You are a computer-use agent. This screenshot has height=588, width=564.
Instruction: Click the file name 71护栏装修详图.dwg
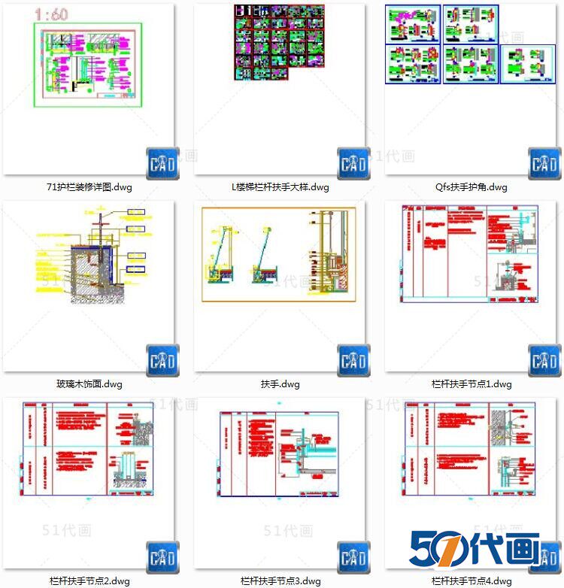[x=89, y=187]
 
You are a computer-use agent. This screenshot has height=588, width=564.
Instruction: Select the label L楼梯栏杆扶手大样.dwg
[x=280, y=187]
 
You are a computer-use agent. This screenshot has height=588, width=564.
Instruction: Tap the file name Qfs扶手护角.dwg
[x=471, y=187]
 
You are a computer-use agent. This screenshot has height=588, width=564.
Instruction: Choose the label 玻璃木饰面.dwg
[x=89, y=383]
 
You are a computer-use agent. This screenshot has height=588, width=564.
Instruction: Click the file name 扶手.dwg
[x=280, y=383]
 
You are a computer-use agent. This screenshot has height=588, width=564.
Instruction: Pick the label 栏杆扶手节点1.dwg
[x=471, y=383]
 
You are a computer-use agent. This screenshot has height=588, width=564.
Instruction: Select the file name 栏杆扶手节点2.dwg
[x=89, y=580]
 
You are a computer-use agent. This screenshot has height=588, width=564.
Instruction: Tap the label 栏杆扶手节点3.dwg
[x=280, y=580]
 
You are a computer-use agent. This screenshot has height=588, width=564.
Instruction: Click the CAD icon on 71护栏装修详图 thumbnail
[x=162, y=164]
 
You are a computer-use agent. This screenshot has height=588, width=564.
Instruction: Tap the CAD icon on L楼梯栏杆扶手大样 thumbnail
[x=353, y=164]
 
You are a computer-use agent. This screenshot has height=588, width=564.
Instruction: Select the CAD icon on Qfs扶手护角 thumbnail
[x=544, y=164]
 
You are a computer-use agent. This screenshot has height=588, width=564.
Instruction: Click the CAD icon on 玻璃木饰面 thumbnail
[x=162, y=361]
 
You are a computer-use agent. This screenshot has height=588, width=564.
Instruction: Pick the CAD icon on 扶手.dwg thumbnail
[x=353, y=361]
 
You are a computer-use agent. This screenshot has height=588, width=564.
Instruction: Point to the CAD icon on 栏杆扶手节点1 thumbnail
[x=544, y=361]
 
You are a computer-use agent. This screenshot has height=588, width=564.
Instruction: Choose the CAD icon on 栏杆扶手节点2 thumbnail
[x=162, y=557]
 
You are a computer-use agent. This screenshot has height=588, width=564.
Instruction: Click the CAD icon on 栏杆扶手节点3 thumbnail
[x=353, y=557]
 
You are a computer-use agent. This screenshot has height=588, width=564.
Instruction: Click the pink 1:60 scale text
[x=52, y=14]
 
